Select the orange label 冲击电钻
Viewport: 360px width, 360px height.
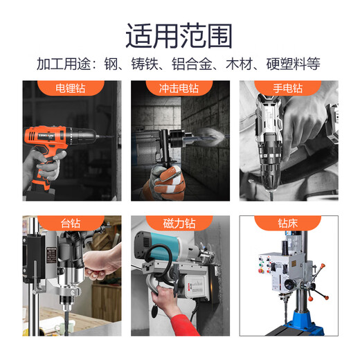click(179, 89)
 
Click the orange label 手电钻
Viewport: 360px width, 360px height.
click(287, 89)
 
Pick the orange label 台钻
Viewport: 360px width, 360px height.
click(71, 224)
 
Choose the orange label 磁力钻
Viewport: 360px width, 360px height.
click(179, 224)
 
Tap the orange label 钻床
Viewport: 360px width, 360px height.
click(287, 224)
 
